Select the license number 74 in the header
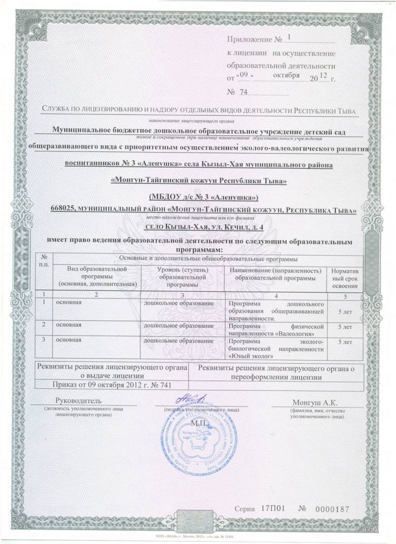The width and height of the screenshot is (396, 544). (x=245, y=92)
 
